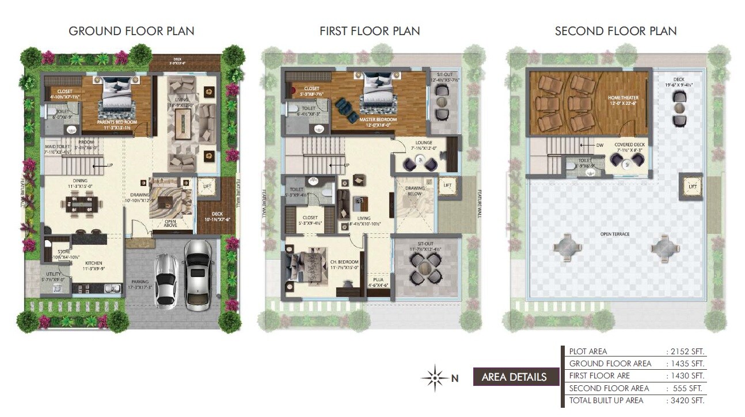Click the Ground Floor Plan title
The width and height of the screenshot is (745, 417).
131,31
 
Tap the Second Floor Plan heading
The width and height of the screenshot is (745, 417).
615,31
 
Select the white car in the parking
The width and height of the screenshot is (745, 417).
166,279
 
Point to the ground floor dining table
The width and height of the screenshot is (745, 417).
81,203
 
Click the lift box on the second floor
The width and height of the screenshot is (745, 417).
692,185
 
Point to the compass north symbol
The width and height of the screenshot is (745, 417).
435,378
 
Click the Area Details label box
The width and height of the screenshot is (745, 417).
514,377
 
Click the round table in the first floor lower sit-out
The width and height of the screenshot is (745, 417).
425,266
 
